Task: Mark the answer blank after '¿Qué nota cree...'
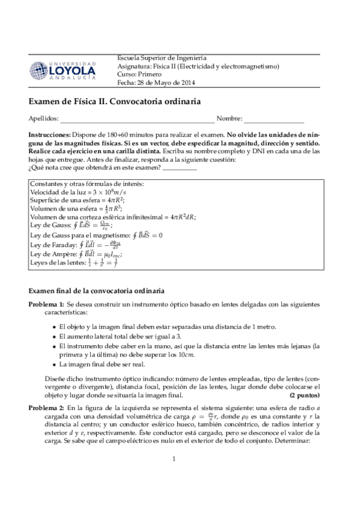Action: pyautogui.click(x=180, y=169)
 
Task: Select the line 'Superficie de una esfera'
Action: pyautogui.click(x=78, y=200)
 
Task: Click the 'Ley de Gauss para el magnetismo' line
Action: pyautogui.click(x=96, y=235)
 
